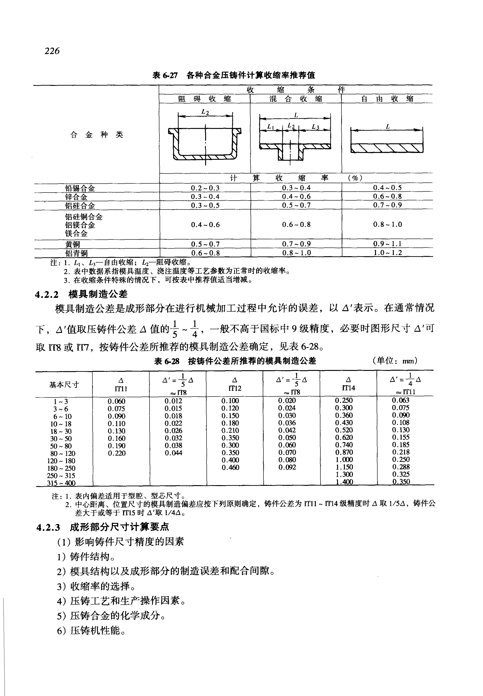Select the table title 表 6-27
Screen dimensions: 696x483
click(x=165, y=75)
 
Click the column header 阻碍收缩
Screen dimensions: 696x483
click(x=205, y=99)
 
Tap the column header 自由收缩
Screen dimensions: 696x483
click(x=387, y=99)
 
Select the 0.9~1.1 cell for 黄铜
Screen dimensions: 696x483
click(x=387, y=244)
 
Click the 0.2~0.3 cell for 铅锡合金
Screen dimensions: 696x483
click(x=205, y=188)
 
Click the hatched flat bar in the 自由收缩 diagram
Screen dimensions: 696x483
click(x=387, y=148)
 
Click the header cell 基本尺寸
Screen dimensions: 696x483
click(x=64, y=384)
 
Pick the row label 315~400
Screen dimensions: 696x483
click(x=61, y=483)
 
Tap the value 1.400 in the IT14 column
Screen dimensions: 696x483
click(x=344, y=481)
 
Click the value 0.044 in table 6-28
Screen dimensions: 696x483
click(x=173, y=453)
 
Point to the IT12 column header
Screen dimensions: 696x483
click(x=235, y=384)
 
